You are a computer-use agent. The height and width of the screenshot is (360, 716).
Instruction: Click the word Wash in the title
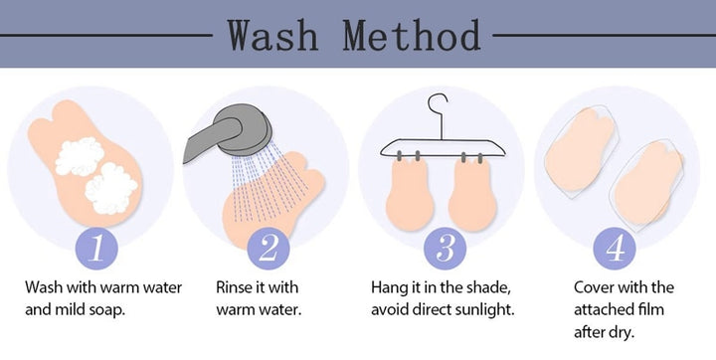(x=272, y=35)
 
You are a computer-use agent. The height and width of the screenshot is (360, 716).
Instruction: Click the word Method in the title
(x=412, y=35)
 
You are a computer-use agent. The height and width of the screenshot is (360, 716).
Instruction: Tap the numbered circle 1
(x=96, y=249)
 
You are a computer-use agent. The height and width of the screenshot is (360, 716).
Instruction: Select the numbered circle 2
(x=268, y=249)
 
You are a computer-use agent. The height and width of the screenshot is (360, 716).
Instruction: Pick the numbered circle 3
(x=446, y=249)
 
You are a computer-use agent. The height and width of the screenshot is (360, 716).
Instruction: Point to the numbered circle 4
(x=615, y=249)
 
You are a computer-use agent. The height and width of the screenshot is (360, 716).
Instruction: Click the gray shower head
(x=229, y=131)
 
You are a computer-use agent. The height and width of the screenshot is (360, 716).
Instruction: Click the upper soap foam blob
(x=80, y=156)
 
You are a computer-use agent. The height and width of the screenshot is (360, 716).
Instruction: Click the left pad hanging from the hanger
(x=409, y=193)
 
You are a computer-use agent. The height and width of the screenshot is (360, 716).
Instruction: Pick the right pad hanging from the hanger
(x=471, y=193)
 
